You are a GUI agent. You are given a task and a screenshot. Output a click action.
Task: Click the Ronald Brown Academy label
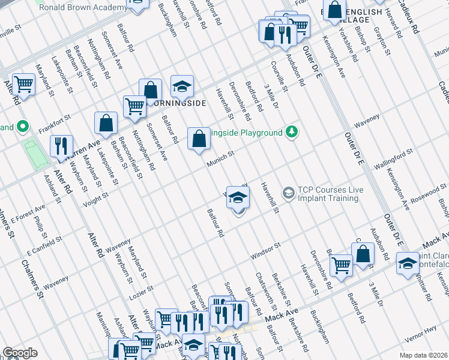[83, 7]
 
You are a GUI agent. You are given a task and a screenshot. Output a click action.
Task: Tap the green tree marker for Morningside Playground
[292, 131]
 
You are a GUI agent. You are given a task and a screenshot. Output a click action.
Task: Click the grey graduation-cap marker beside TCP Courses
[288, 192]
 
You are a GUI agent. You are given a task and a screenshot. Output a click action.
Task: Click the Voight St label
[95, 199]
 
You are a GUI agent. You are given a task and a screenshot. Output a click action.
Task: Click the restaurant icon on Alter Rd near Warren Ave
[61, 146]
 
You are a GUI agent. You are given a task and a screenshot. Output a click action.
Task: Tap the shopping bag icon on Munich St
[199, 139]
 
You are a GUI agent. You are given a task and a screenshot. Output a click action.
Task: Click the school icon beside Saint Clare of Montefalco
[408, 263]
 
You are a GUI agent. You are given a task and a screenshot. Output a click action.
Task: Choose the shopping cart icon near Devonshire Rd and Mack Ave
[341, 264]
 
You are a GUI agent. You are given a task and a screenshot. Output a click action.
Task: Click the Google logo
[20, 353]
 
